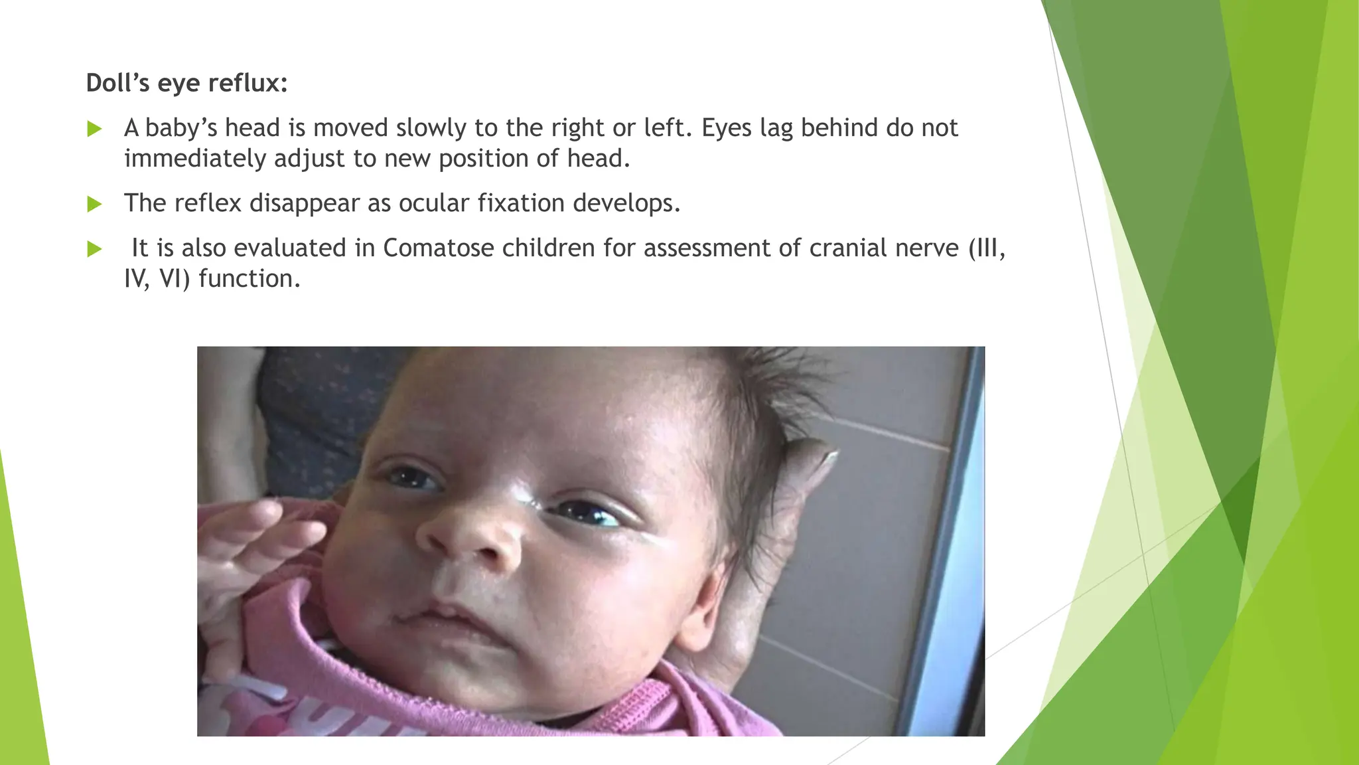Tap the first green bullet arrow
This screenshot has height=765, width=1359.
pyautogui.click(x=94, y=128)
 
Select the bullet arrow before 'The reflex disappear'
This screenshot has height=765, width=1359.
pyautogui.click(x=94, y=204)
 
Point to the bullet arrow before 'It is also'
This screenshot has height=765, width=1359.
pyautogui.click(x=94, y=249)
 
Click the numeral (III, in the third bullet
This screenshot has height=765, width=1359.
pyautogui.click(x=987, y=248)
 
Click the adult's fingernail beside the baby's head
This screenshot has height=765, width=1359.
pyautogui.click(x=827, y=457)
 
